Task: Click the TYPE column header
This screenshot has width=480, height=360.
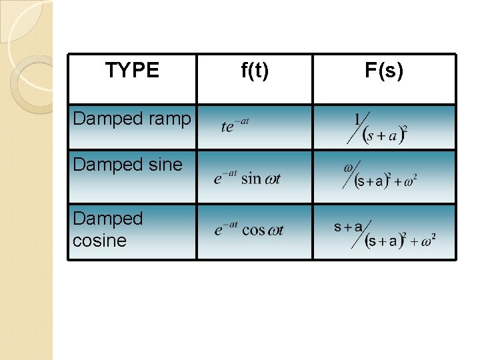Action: tap(132, 70)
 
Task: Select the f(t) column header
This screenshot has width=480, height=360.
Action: tap(254, 70)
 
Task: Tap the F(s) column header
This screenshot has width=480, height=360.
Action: tap(384, 70)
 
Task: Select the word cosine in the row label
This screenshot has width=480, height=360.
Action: tap(99, 241)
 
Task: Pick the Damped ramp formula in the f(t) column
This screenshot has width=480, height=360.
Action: tap(235, 125)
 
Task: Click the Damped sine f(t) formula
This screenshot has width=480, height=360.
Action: tap(247, 178)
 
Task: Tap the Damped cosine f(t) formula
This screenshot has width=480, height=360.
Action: tap(249, 230)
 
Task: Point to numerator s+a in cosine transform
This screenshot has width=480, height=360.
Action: tap(348, 227)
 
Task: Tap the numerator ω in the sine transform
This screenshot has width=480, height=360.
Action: tap(349, 168)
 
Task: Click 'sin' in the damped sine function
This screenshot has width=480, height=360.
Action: tap(251, 178)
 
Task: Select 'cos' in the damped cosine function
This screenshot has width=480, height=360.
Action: tap(254, 230)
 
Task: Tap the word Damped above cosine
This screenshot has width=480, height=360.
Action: tap(108, 219)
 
